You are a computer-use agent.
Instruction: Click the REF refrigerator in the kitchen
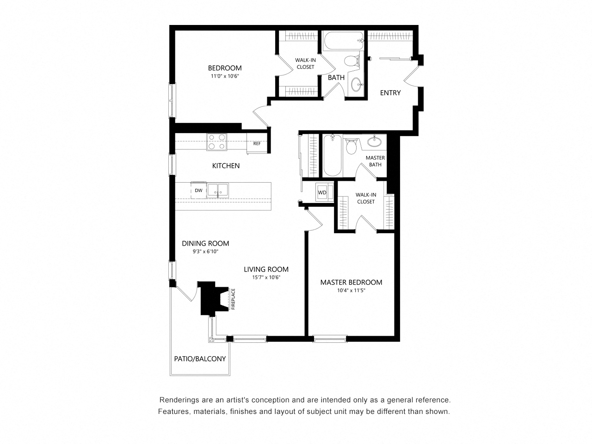click(x=257, y=143)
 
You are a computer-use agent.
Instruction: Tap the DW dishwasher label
click(x=198, y=191)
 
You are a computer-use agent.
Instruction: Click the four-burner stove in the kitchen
click(x=216, y=142)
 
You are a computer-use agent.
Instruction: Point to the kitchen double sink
click(x=217, y=191)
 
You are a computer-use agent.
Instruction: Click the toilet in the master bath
click(x=351, y=146)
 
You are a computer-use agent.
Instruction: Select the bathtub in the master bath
click(x=333, y=155)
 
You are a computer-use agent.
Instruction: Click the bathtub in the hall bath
click(x=343, y=41)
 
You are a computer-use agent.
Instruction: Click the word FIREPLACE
click(x=233, y=299)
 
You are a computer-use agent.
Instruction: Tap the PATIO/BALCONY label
click(x=200, y=359)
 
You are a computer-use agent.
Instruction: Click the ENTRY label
click(x=390, y=93)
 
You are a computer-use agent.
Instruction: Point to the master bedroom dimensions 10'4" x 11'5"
click(x=351, y=290)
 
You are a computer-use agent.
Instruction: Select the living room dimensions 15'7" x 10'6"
click(x=266, y=277)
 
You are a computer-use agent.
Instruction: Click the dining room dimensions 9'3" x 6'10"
click(x=205, y=252)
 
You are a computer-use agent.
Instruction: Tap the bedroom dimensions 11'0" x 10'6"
click(x=225, y=76)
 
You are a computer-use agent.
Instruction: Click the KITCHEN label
click(x=226, y=166)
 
